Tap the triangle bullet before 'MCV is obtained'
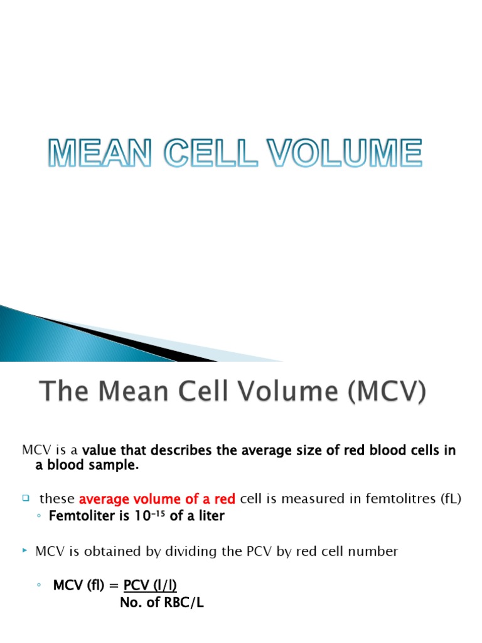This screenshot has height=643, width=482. pos(25,551)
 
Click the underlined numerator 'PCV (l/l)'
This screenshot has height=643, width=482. pos(150,586)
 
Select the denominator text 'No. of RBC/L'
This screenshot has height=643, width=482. pos(161,603)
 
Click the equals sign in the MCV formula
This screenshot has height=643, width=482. pos(115,586)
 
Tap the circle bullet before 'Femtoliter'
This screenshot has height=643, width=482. pos(39,517)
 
